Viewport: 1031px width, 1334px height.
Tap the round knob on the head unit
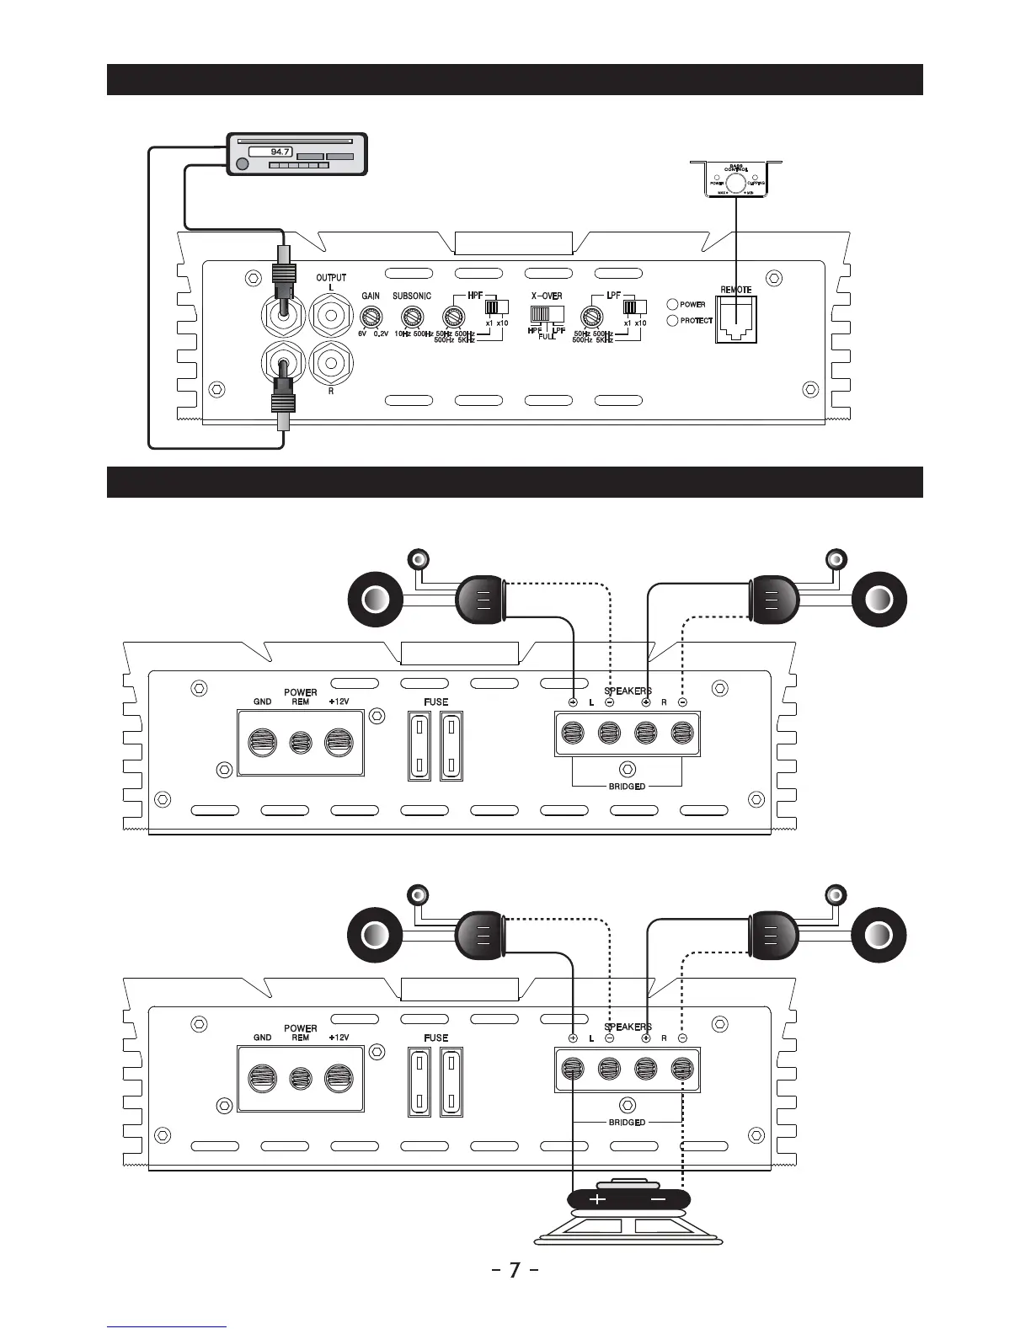[x=243, y=164]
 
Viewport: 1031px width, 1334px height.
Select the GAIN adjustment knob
[x=369, y=317]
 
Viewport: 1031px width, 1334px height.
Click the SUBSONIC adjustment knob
[x=411, y=317]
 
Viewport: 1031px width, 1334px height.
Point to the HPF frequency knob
[x=453, y=317]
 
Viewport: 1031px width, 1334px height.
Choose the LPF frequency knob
[x=591, y=317]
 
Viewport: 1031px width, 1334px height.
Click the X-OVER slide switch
[x=547, y=313]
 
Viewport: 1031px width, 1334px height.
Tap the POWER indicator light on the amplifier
[x=672, y=305]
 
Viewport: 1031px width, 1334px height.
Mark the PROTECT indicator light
[x=672, y=321]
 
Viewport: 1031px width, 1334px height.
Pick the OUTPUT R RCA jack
[x=331, y=363]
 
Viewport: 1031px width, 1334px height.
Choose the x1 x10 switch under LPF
[x=634, y=307]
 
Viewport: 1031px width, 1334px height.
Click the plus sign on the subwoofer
[x=597, y=1199]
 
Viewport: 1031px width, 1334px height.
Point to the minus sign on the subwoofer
[x=659, y=1199]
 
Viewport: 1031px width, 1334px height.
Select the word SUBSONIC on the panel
[x=412, y=296]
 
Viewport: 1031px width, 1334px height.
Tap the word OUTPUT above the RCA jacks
[x=331, y=277]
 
